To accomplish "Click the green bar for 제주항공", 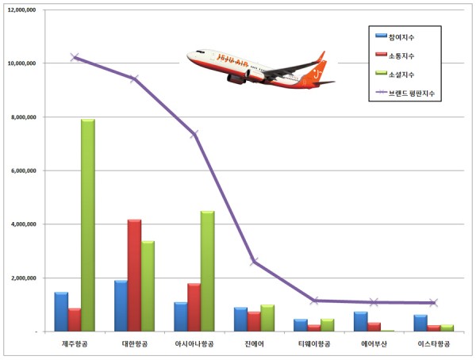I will [x=87, y=225].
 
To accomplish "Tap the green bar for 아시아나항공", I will [x=207, y=270].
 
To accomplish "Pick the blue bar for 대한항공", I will [x=121, y=305].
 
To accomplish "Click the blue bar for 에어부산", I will [x=360, y=321].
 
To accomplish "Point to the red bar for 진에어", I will [x=254, y=321].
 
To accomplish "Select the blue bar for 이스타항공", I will [x=420, y=323].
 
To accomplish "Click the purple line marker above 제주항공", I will [x=75, y=57].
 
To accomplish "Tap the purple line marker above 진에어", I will [x=254, y=262].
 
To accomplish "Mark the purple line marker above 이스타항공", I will [x=433, y=303].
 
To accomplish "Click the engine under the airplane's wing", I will [x=236, y=78].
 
